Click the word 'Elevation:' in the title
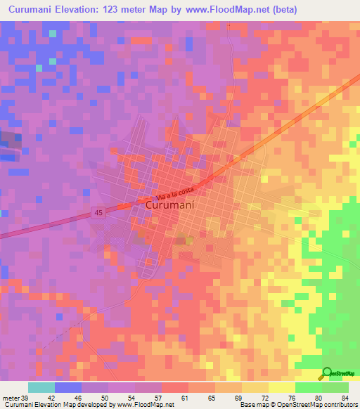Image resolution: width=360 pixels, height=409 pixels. pyautogui.click(x=101, y=10)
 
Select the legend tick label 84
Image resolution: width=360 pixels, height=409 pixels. pyautogui.click(x=345, y=397)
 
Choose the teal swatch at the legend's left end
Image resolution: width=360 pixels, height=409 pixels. pyautogui.click(x=41, y=387)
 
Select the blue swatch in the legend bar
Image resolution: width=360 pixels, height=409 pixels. pyautogui.click(x=68, y=387)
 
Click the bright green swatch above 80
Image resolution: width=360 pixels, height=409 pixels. pyautogui.click(x=308, y=387)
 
